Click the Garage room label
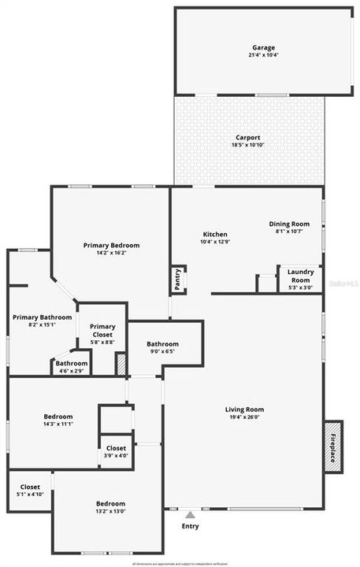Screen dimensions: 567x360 pos(264,47)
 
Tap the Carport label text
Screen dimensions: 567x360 pos(247,137)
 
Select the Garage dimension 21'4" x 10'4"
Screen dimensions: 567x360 pos(264,56)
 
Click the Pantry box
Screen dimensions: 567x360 pos(178,280)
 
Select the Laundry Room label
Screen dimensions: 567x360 pos(300,276)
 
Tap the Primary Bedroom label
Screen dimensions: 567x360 pos(111,246)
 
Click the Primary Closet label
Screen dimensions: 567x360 pos(102,331)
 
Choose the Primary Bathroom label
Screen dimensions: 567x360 pos(42,317)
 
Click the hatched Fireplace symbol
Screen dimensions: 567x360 pos(333,446)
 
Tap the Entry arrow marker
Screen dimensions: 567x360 pos(189,514)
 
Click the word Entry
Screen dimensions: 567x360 pos(190,526)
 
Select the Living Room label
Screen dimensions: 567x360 pos(244,409)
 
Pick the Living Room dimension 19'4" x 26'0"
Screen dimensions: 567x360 pos(244,418)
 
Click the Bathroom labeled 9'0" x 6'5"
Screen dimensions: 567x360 pos(162,344)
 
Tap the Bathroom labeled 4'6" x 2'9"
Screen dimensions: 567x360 pos(72,364)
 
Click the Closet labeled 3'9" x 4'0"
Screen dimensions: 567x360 pos(116,448)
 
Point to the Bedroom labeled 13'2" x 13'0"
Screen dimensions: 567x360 pos(110,504)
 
